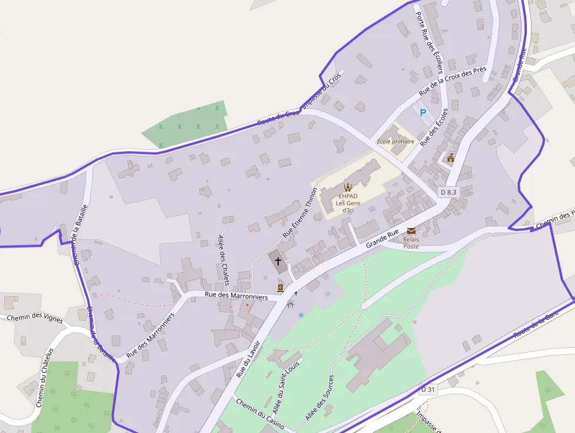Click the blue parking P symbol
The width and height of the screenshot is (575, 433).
point(422,112)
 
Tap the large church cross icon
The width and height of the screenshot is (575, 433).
point(278,260)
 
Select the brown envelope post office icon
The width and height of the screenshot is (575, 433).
point(411,231)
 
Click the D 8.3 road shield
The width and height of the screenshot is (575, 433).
point(448,192)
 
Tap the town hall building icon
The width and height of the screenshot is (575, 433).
point(451,157)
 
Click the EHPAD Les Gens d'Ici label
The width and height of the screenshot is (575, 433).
point(348,199)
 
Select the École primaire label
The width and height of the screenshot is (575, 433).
point(395,142)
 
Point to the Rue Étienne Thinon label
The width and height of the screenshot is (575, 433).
point(300,212)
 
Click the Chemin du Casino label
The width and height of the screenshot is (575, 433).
point(261,413)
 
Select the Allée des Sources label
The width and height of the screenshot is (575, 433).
point(319,397)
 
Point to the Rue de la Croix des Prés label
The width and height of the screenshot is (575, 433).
point(452,81)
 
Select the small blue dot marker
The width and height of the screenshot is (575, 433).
point(301,315)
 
